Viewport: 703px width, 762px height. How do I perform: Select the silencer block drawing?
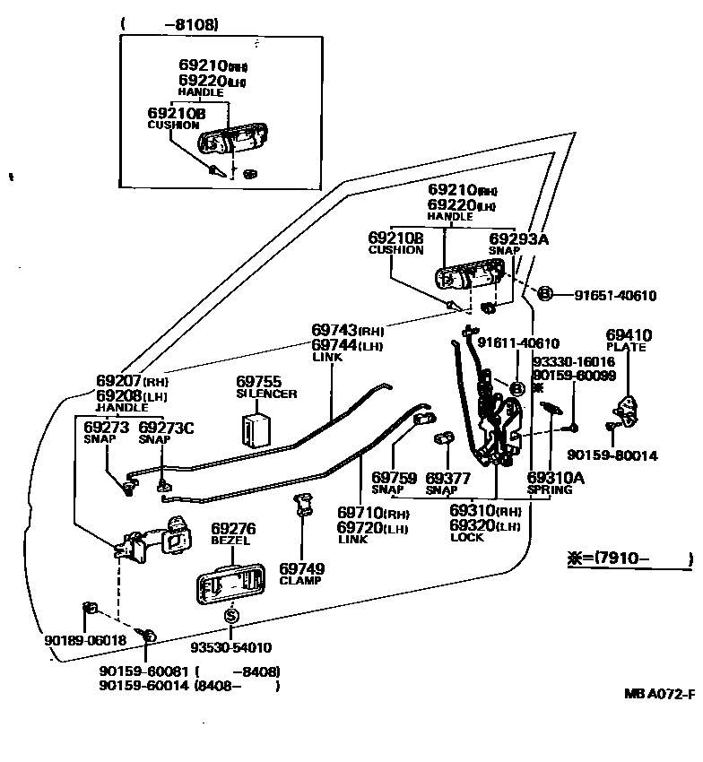(257, 427)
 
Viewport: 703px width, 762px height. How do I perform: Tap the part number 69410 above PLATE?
(629, 335)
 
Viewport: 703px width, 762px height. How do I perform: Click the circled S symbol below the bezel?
(231, 616)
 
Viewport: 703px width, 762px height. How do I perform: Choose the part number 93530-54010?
(230, 647)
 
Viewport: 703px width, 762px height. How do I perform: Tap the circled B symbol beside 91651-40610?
(543, 294)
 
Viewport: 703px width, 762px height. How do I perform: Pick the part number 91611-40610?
(517, 342)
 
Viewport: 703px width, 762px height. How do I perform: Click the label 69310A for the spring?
(556, 478)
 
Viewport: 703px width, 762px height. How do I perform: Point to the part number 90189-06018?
(85, 640)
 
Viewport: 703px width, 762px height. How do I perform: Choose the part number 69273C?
(166, 428)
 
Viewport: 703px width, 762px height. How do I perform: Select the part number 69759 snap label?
(394, 478)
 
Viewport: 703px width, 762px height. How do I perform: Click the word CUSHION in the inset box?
(173, 126)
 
